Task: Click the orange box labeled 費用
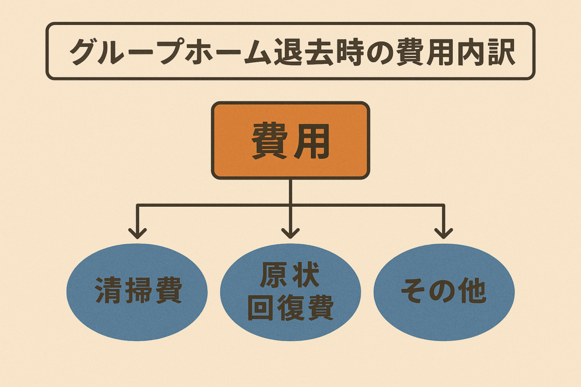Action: pyautogui.click(x=290, y=141)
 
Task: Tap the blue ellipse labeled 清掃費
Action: pyautogui.click(x=138, y=292)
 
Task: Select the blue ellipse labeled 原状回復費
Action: pyautogui.click(x=290, y=292)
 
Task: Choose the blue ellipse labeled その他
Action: pyautogui.click(x=444, y=292)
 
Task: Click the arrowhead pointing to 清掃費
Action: pyautogui.click(x=137, y=232)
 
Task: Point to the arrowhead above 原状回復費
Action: pyautogui.click(x=290, y=232)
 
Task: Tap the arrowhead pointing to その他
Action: pyautogui.click(x=444, y=232)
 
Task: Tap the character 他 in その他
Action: pyautogui.click(x=473, y=292)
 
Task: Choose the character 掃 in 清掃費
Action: pyautogui.click(x=138, y=292)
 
